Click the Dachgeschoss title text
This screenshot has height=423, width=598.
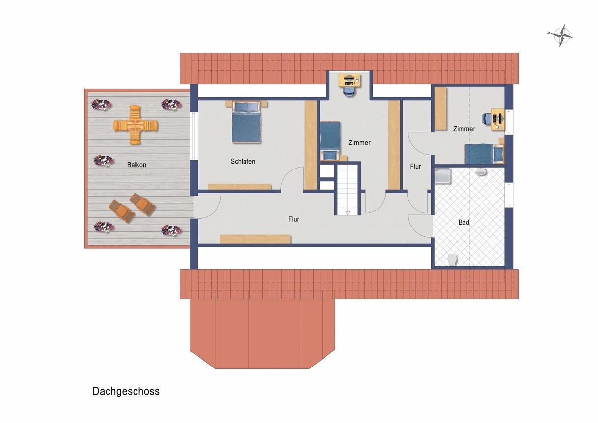126,391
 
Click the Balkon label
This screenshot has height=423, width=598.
136,165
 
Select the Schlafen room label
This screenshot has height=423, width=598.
243,162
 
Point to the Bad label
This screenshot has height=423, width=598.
463,222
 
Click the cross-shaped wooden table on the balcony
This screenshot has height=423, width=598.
136,125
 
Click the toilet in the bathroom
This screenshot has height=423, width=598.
452,259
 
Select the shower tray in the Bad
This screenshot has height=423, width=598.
443,176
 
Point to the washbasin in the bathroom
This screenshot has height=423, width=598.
481,172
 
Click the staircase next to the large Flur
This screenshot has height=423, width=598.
347,190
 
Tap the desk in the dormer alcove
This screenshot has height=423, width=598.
350,80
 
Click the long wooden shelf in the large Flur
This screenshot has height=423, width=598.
255,239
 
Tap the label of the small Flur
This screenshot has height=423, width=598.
415,167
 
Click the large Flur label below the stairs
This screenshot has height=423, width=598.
294,219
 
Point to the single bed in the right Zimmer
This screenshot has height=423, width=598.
484,154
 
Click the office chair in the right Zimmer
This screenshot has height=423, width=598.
487,118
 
